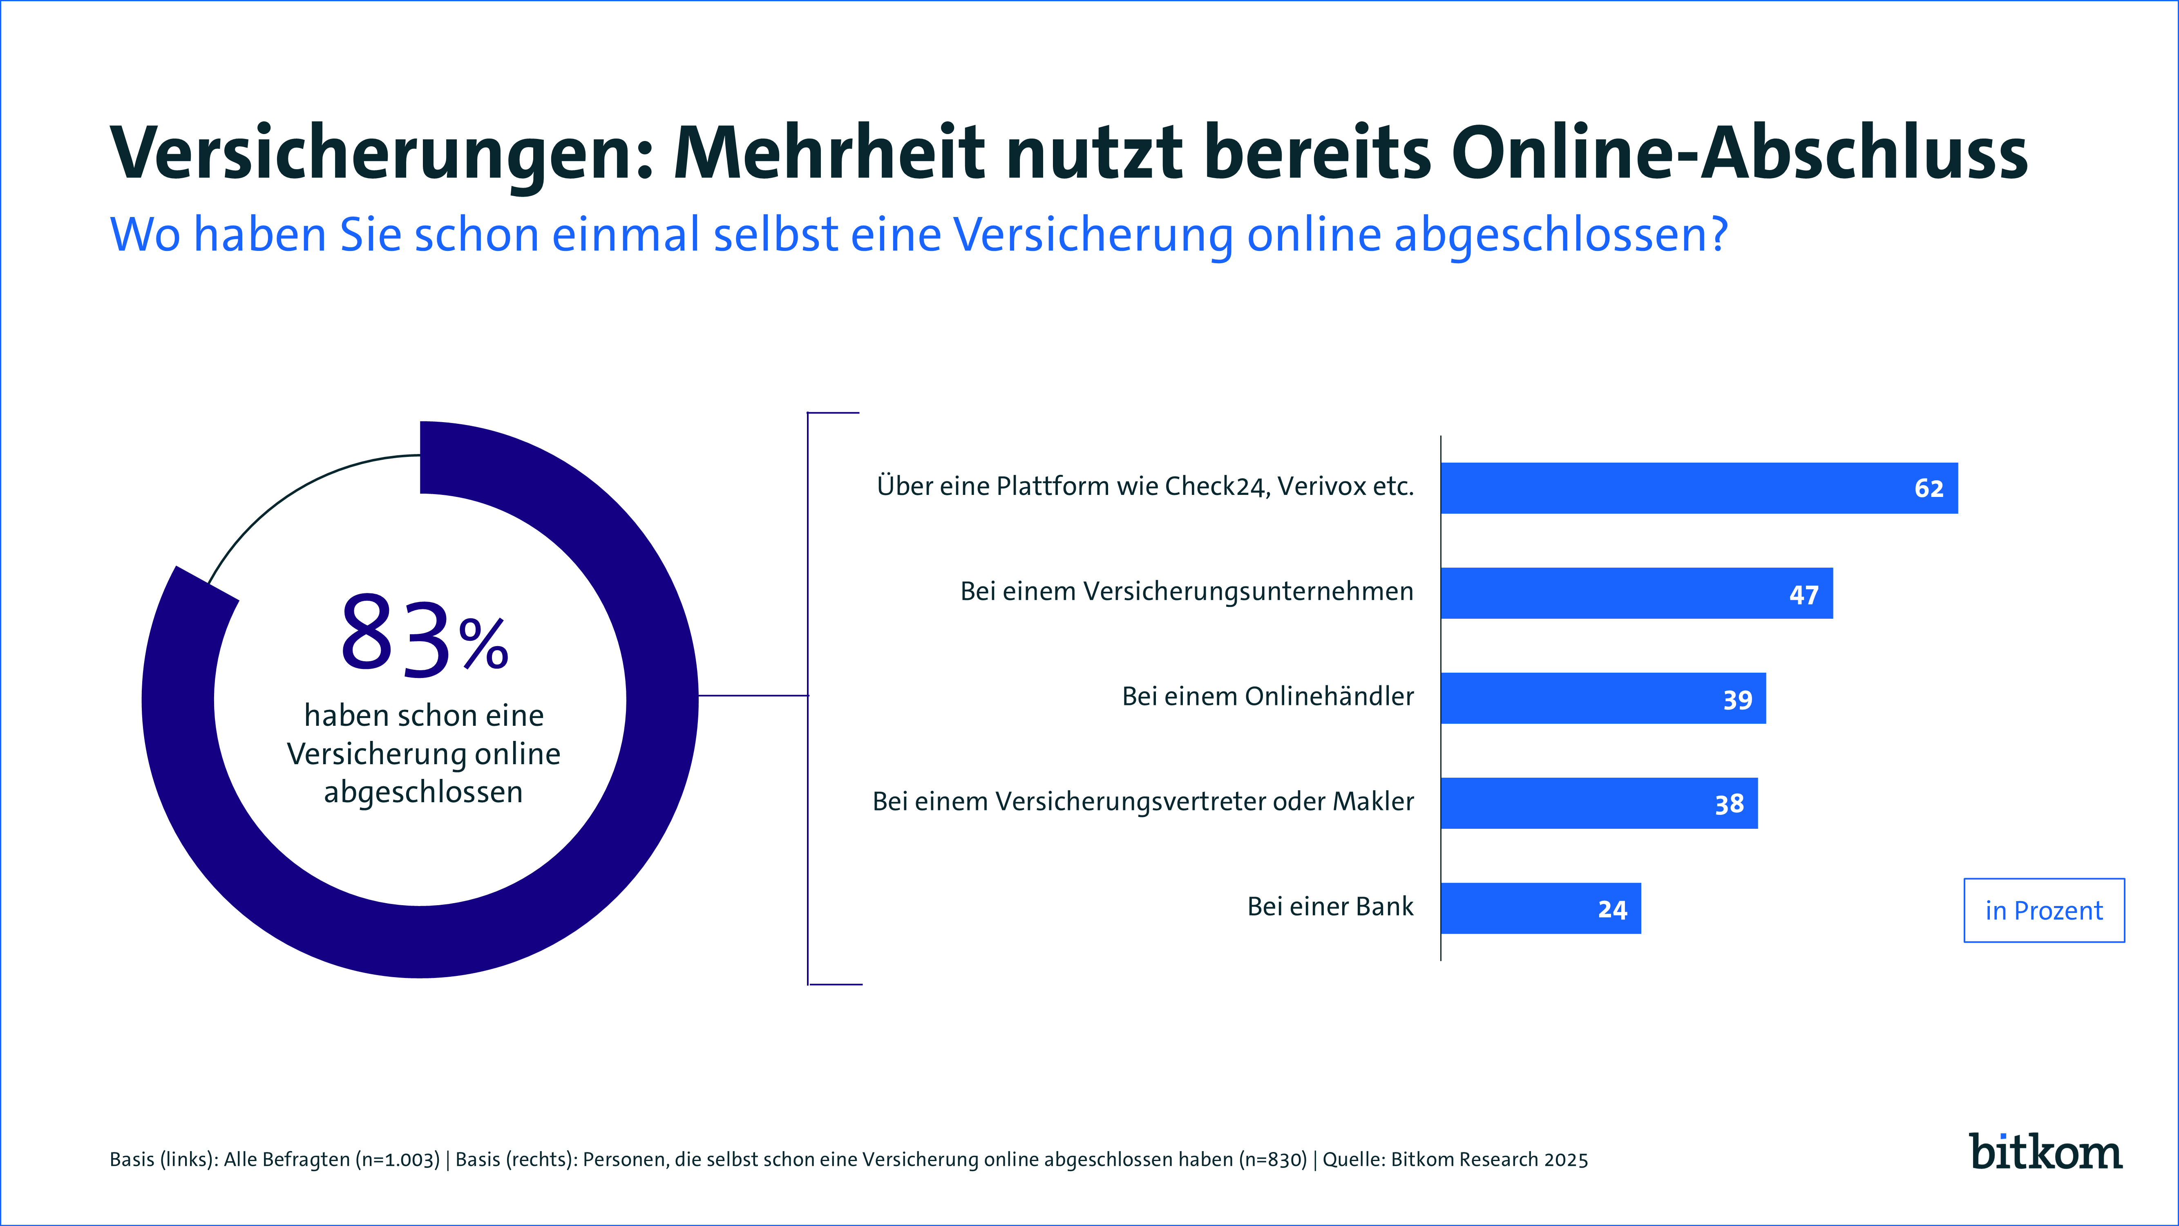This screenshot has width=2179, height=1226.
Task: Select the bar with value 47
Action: point(1636,593)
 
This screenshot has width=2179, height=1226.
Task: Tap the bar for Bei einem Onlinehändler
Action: point(1603,698)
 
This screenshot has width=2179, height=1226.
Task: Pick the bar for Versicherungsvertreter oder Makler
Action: point(1599,803)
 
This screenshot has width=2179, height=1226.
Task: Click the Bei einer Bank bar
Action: point(1540,908)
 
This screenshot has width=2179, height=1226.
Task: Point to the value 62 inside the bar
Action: point(1929,488)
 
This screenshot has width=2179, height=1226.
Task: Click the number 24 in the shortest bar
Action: point(1612,910)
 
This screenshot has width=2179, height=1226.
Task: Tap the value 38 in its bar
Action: point(1729,804)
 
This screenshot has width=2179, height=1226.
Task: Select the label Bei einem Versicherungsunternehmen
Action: point(1186,591)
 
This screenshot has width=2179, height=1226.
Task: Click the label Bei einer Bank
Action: point(1330,906)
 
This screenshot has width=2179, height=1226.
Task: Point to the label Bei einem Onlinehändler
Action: point(1267,696)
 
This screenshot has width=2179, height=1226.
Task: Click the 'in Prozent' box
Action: point(2044,911)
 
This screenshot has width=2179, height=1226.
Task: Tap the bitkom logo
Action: point(2045,1152)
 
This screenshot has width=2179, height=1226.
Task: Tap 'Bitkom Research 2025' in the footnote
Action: point(1489,1159)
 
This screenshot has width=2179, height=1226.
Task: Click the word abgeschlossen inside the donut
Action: point(423,792)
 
